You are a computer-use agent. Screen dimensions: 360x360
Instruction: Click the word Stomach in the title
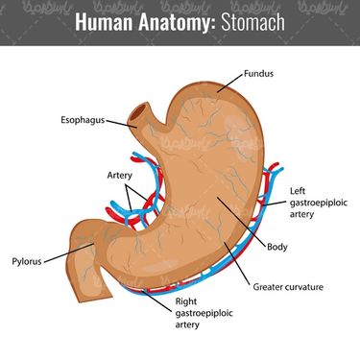click(x=252, y=22)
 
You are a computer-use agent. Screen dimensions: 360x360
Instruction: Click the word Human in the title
click(x=104, y=22)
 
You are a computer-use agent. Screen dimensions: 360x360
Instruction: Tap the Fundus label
click(x=258, y=74)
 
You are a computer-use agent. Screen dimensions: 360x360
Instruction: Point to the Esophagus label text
click(x=83, y=120)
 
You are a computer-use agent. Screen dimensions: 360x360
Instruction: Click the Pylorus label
click(x=27, y=261)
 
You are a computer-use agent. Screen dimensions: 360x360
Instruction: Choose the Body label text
click(x=277, y=247)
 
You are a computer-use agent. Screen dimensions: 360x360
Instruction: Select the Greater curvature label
click(x=288, y=287)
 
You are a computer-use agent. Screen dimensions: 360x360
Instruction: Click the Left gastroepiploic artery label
click(x=319, y=203)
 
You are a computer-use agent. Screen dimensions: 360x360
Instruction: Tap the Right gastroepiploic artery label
click(x=204, y=313)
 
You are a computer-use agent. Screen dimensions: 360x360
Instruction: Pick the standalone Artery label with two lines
click(x=120, y=176)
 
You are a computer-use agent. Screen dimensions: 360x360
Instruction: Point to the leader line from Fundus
click(x=229, y=83)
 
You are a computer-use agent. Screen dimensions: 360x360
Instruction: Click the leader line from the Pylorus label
click(x=69, y=253)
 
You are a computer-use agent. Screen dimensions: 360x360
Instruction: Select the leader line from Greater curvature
click(x=237, y=263)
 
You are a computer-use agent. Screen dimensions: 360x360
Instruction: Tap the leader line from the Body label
click(x=241, y=223)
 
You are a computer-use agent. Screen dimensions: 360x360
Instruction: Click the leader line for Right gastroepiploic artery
click(x=156, y=300)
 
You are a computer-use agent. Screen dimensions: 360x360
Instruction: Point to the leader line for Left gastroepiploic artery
click(x=275, y=204)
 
